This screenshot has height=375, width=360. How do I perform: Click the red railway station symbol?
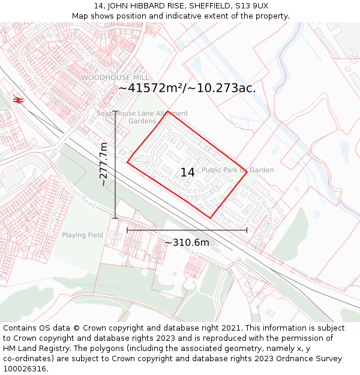pyautogui.click(x=18, y=100)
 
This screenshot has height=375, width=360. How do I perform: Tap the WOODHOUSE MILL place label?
pyautogui.click(x=115, y=78)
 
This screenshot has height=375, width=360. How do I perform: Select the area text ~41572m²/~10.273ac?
pyautogui.click(x=187, y=88)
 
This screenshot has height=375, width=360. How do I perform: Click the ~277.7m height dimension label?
pyautogui.click(x=103, y=164)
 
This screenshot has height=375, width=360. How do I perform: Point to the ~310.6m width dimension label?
pyautogui.click(x=187, y=242)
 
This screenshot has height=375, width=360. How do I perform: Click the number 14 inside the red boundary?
pyautogui.click(x=188, y=172)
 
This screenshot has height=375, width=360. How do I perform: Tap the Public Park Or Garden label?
pyautogui.click(x=238, y=170)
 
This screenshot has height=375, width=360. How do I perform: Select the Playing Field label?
pyautogui.click(x=82, y=235)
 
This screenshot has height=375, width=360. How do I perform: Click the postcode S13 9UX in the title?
pyautogui.click(x=251, y=6)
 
